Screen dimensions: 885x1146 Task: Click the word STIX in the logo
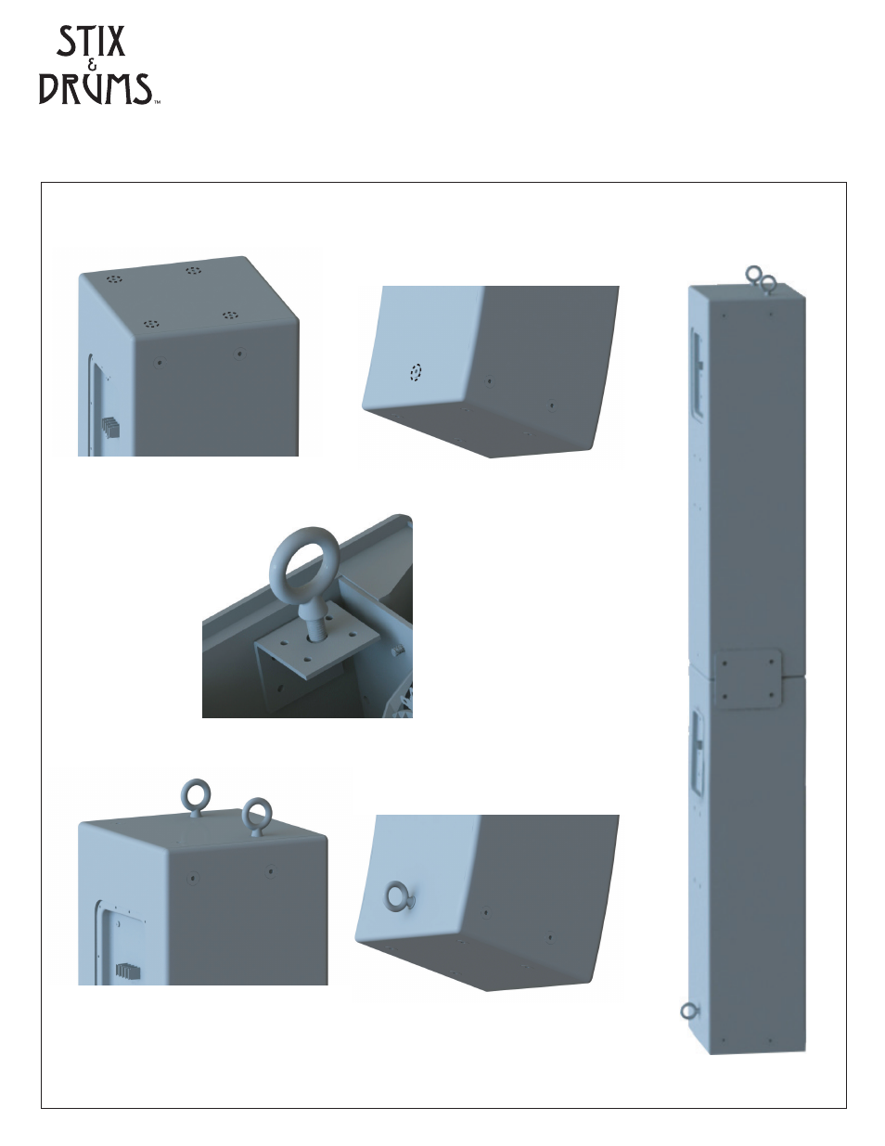click(x=91, y=41)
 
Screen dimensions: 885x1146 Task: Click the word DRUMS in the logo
click(x=96, y=88)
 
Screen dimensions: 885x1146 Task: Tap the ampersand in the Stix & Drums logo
click(x=94, y=65)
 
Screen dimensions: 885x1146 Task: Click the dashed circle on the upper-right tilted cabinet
click(x=416, y=372)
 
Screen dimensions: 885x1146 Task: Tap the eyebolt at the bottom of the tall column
click(x=689, y=1011)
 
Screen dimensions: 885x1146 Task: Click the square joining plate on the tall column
click(x=748, y=678)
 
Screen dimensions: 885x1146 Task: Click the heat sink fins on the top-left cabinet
click(x=110, y=427)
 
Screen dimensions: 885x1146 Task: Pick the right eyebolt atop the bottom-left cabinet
click(x=257, y=817)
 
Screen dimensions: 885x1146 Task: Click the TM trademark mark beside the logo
click(x=157, y=103)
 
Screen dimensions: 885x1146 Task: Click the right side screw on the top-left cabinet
click(x=240, y=354)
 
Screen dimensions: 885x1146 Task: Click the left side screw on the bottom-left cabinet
click(x=193, y=879)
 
